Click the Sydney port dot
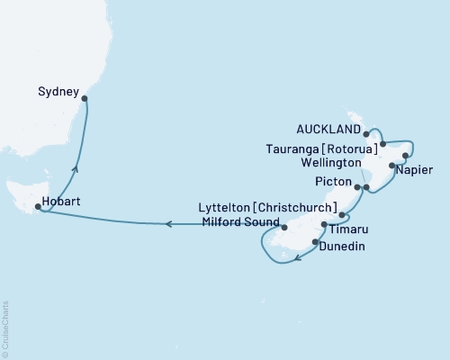pyautogui.click(x=84, y=100)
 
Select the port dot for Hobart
pyautogui.click(x=37, y=207)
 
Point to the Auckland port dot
pyautogui.click(x=366, y=134)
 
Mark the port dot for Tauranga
pyautogui.click(x=383, y=143)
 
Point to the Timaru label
pyautogui.click(x=353, y=229)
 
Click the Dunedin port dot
pyautogui.click(x=314, y=241)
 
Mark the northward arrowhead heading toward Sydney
pyautogui.click(x=75, y=167)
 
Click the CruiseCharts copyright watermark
pyautogui.click(x=5, y=328)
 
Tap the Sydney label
pyautogui.click(x=57, y=91)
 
